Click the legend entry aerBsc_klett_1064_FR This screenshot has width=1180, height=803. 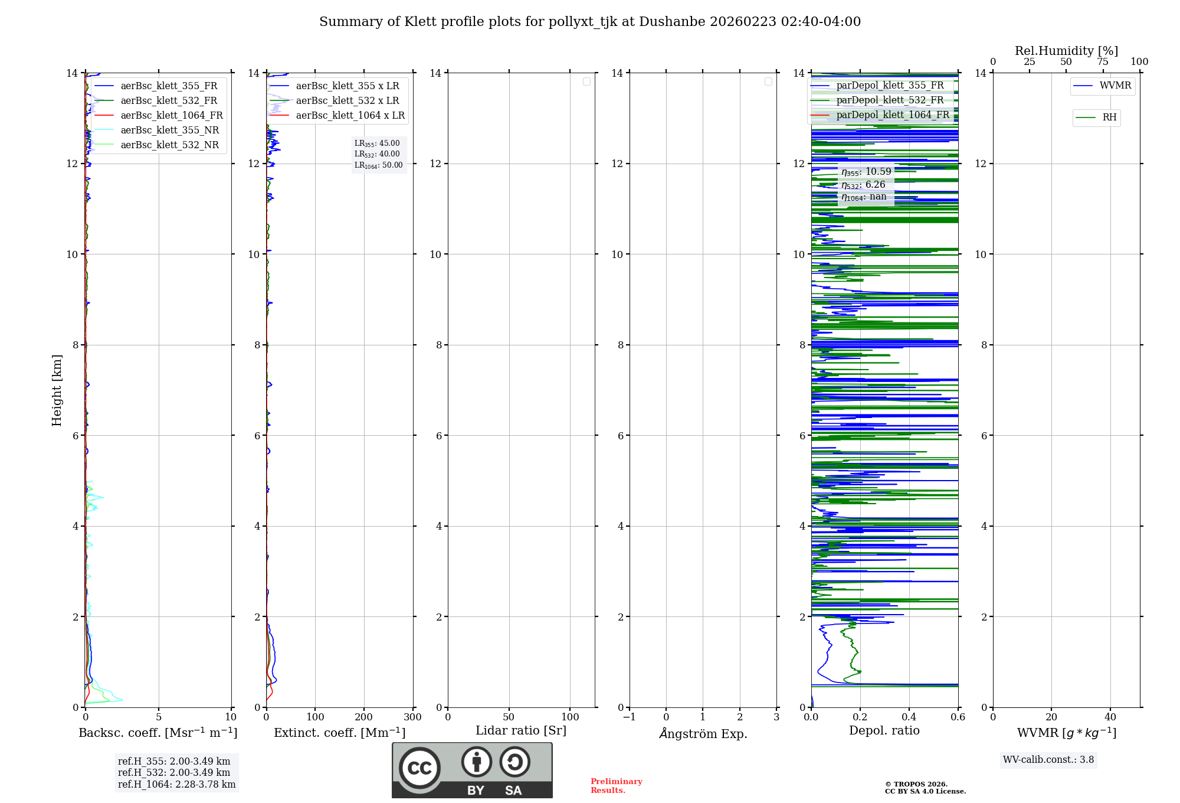(171, 116)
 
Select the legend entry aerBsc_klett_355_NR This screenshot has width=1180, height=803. (169, 130)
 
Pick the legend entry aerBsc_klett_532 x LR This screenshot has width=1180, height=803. (347, 101)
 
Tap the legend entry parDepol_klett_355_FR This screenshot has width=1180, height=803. (890, 86)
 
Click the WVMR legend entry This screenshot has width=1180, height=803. (1115, 86)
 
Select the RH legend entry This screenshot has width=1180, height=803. (1109, 117)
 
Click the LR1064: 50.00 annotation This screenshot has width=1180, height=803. (378, 165)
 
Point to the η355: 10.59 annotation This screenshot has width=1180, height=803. (866, 172)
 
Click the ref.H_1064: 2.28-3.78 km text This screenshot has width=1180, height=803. (176, 784)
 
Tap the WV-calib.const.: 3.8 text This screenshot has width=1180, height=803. (1048, 760)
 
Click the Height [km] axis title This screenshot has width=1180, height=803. (57, 390)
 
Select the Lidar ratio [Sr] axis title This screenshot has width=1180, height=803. (521, 730)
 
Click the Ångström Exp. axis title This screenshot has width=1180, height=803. (703, 733)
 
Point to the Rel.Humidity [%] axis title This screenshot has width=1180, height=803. (1066, 51)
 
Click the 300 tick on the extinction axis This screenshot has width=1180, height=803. (412, 717)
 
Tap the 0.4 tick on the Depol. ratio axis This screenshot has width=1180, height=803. (909, 717)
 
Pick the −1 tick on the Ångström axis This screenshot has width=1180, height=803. (630, 717)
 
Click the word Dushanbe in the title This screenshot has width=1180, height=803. (672, 22)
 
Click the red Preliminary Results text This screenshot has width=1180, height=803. (616, 785)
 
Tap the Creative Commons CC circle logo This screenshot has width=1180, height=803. (419, 768)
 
